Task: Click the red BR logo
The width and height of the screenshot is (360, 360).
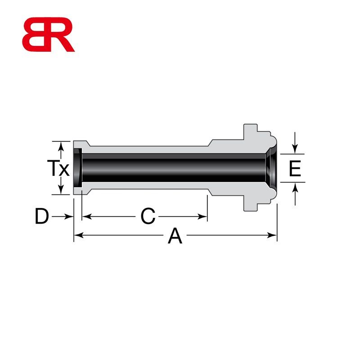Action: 48,35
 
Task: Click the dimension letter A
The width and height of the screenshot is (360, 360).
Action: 175,236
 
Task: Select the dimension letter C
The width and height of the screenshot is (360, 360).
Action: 148,217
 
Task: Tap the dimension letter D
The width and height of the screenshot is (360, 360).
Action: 41,217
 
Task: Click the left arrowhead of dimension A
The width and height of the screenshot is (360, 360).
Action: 78,235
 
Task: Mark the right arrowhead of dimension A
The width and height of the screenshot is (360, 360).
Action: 273,235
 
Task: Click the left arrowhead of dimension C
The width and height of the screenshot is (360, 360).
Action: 85,216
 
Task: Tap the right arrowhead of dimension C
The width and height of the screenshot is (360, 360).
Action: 203,216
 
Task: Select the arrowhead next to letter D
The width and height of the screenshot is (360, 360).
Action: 69,216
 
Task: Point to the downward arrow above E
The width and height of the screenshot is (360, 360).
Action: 295,149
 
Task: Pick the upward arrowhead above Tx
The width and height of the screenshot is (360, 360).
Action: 60,145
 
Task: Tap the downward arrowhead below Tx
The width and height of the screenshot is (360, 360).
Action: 60,191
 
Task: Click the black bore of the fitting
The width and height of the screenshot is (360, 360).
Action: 171,167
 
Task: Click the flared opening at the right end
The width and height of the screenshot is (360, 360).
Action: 271,167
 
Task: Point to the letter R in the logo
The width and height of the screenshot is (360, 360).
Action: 61,35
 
